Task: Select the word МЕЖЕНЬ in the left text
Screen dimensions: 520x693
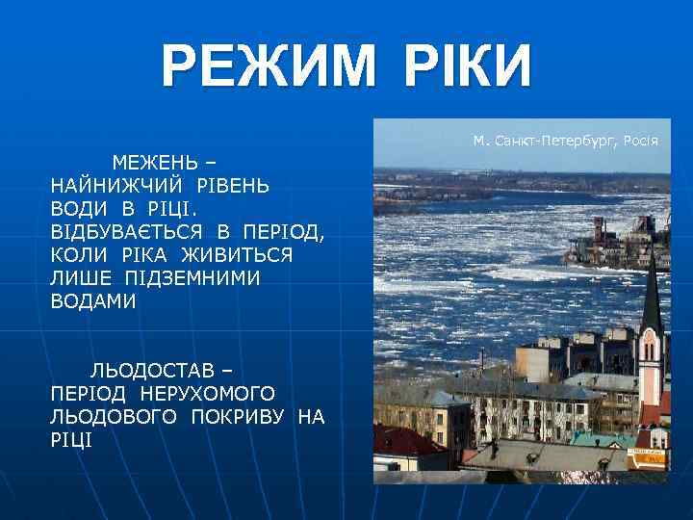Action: click(x=149, y=160)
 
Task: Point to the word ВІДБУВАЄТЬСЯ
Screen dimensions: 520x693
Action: click(x=127, y=231)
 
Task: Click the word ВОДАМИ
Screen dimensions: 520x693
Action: click(x=93, y=301)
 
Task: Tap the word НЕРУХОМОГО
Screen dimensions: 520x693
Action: click(x=207, y=394)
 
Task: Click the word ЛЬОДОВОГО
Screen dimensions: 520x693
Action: click(x=115, y=417)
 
